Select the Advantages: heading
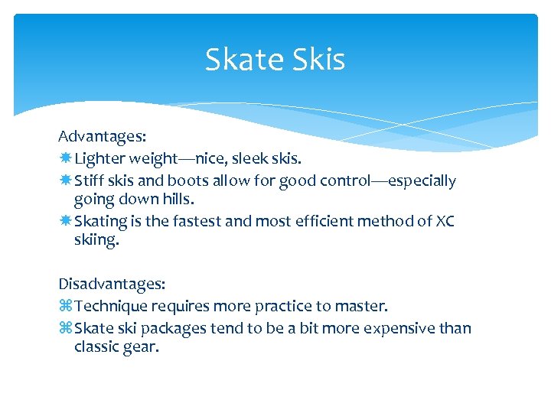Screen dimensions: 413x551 (x=103, y=136)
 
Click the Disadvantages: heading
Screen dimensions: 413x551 (x=112, y=284)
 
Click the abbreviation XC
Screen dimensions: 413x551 (x=445, y=222)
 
